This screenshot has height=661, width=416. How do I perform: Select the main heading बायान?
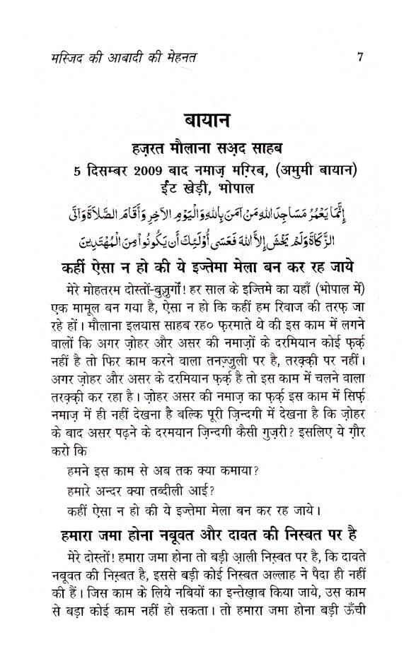pyautogui.click(x=209, y=119)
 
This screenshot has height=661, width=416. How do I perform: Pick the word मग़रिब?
pyautogui.click(x=258, y=169)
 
